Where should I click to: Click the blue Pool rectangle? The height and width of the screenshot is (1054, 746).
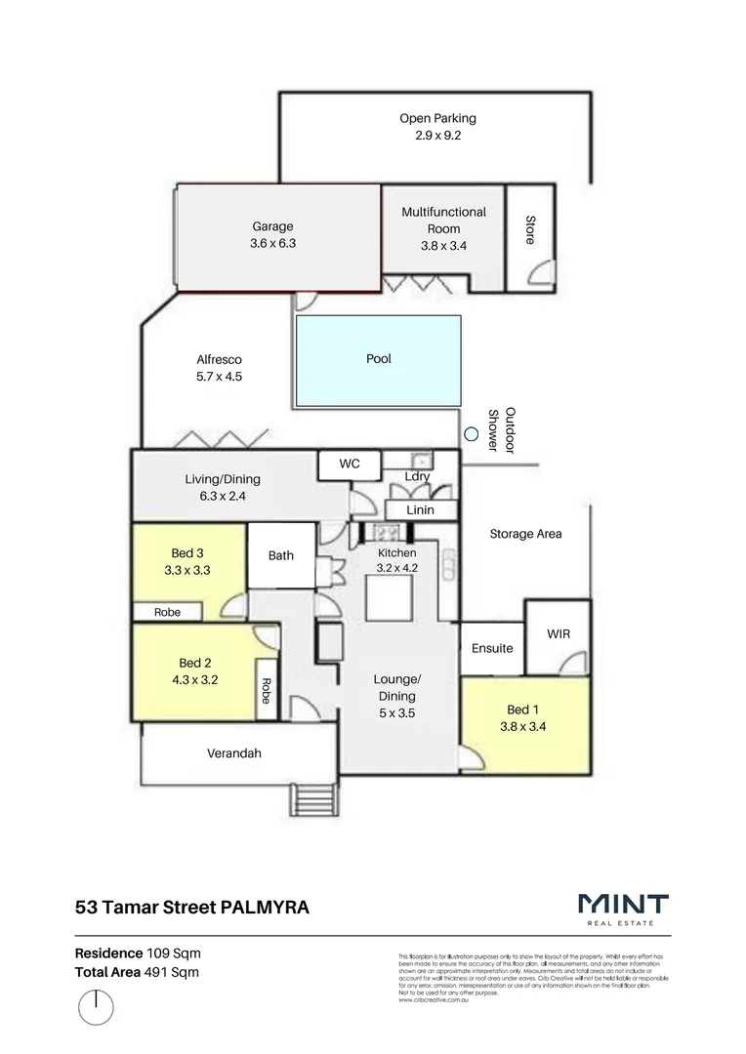click(x=378, y=360)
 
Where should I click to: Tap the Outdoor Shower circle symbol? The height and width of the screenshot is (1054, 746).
click(x=472, y=433)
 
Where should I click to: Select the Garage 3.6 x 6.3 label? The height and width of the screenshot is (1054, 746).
click(x=272, y=235)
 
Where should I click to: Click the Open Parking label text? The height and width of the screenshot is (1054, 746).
click(x=437, y=119)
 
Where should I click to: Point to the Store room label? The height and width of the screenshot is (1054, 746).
click(x=530, y=230)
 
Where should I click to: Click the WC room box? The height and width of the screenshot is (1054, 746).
click(x=350, y=465)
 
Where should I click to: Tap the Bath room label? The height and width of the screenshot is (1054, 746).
click(x=281, y=556)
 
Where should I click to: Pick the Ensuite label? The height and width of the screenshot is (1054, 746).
click(x=492, y=648)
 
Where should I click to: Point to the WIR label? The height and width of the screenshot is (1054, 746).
click(x=559, y=634)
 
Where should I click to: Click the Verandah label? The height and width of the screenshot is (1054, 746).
click(x=233, y=753)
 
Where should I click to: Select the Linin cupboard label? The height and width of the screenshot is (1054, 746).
click(x=421, y=510)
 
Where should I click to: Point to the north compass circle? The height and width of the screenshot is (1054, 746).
click(x=96, y=1007)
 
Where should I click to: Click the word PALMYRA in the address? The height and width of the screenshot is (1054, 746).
click(x=265, y=907)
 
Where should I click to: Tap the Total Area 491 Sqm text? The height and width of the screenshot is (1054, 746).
click(x=139, y=972)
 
